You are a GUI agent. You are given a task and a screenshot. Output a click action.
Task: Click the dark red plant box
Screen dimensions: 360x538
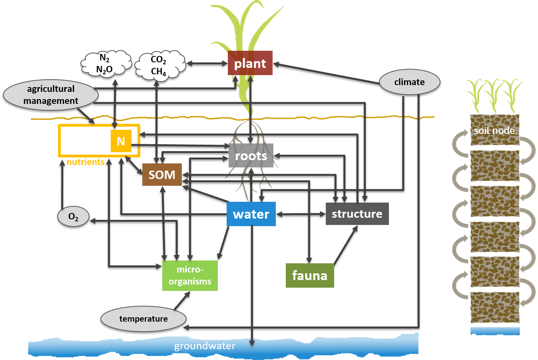(250, 63)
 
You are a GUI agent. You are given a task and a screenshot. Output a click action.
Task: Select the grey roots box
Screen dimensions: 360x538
(251, 155)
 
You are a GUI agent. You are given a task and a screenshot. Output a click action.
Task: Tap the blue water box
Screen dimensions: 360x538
(251, 214)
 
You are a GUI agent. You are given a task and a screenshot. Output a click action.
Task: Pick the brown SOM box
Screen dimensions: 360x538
(162, 175)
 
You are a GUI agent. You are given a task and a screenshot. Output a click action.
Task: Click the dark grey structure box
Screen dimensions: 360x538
(357, 214)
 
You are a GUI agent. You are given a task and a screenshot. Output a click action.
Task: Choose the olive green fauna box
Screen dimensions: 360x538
(310, 275)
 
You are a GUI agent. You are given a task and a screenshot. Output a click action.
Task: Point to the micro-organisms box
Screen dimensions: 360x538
(190, 275)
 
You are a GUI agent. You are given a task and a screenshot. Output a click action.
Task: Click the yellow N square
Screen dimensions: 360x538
(121, 141)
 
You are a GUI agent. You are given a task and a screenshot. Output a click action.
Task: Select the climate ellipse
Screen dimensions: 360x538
(409, 82)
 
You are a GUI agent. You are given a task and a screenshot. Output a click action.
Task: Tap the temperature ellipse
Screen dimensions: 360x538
(143, 319)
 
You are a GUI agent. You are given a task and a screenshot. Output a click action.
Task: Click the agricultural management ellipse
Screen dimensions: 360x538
(51, 95)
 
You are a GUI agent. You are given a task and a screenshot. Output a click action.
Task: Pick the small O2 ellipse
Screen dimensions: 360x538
(73, 217)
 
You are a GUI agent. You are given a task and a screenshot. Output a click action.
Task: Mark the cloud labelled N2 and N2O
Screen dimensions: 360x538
(106, 64)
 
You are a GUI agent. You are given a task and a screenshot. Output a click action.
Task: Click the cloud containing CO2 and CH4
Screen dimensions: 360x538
(159, 65)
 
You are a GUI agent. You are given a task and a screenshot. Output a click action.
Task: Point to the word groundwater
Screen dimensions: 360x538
(205, 346)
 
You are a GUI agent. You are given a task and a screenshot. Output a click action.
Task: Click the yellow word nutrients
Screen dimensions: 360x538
(86, 162)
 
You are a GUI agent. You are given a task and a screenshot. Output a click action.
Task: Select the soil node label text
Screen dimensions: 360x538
(494, 131)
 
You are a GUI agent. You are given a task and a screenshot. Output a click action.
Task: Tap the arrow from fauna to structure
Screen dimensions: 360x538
(345, 245)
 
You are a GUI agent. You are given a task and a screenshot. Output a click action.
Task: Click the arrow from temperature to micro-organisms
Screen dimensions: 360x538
(182, 300)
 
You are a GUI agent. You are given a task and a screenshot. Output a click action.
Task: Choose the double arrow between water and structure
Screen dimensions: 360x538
(301, 214)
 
